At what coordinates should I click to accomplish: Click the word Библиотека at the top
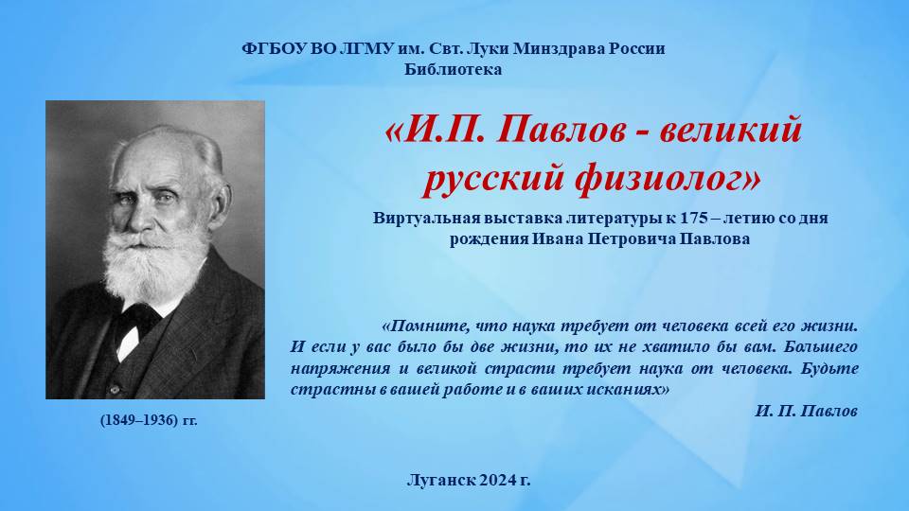click(x=454, y=70)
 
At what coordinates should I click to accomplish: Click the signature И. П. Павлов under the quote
click(x=807, y=411)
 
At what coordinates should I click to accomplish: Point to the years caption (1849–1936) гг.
click(x=149, y=420)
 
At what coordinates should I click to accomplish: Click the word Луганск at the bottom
click(x=442, y=481)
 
